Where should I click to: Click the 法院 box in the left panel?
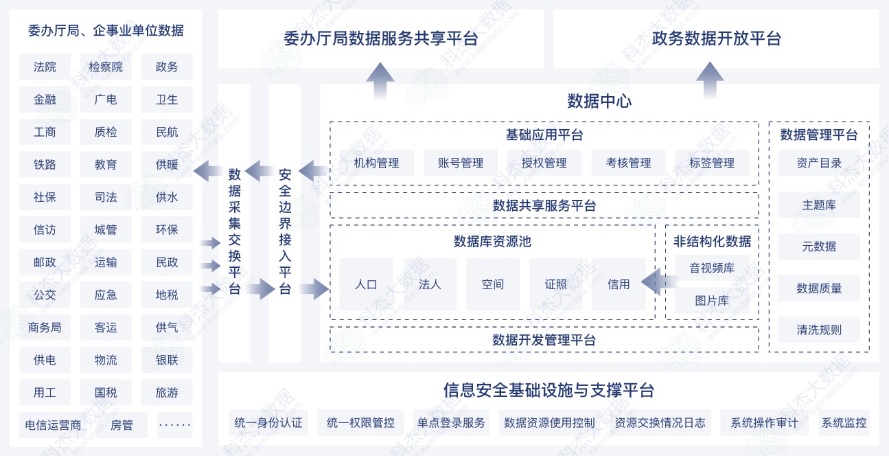(45, 67)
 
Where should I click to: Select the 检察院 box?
(106, 67)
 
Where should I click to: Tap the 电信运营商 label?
(53, 425)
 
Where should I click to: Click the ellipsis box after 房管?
(174, 425)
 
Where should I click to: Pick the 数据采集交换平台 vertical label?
(235, 231)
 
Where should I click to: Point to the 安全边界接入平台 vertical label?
(285, 231)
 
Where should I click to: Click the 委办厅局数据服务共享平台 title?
(380, 38)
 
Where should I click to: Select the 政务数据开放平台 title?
(716, 38)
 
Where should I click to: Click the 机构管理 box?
(376, 163)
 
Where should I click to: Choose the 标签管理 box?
(712, 163)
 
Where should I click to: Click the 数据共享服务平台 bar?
(544, 205)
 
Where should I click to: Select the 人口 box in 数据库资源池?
(366, 284)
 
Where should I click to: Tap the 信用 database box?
(619, 284)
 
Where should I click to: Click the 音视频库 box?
(712, 269)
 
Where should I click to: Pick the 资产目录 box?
(819, 163)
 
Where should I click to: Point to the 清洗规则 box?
(819, 330)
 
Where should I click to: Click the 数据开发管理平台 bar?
(544, 340)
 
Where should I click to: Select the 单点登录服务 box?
(451, 423)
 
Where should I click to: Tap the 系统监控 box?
(844, 423)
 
